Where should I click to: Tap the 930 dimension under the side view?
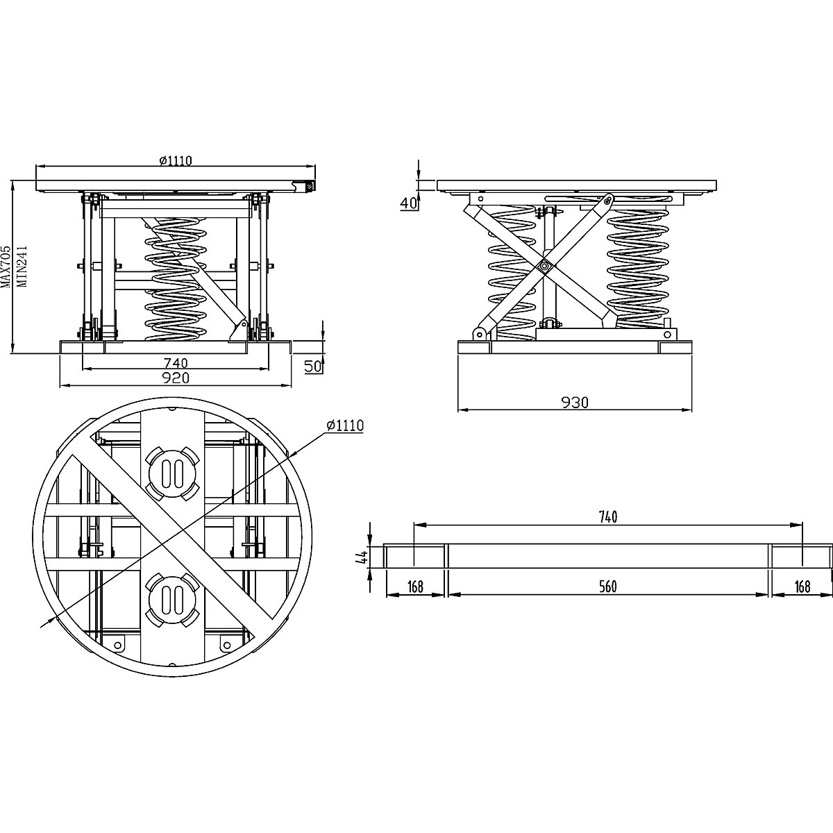pos(575,403)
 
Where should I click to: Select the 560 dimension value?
pos(607,587)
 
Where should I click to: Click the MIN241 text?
pos(22,267)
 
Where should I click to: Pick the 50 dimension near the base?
pos(313,366)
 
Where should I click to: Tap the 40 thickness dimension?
pos(409,203)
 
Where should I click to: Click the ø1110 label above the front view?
pos(175,160)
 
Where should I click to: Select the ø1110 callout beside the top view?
pos(345,424)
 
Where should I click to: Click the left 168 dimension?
pos(415,587)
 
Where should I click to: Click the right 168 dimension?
pos(802,587)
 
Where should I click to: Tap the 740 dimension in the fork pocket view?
pos(607,516)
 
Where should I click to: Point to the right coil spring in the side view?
pos(637,267)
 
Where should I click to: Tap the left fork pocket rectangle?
pos(415,557)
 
